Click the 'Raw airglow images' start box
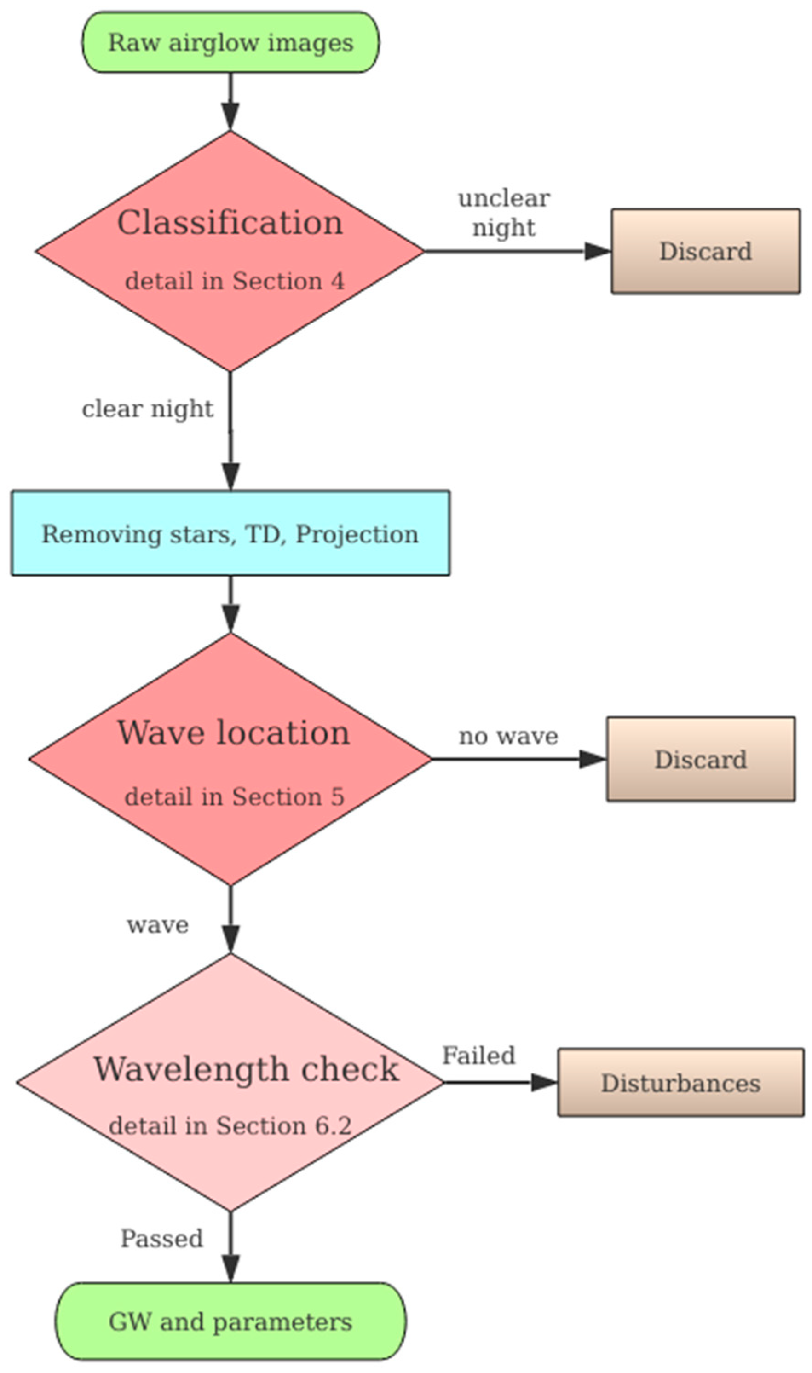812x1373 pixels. click(x=230, y=42)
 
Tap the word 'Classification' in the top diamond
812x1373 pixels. click(x=230, y=223)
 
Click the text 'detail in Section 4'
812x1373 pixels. click(x=235, y=281)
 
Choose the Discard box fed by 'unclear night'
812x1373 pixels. click(x=705, y=251)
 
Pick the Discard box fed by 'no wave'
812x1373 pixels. click(x=700, y=759)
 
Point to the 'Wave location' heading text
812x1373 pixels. click(x=234, y=732)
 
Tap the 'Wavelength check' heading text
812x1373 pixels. click(x=246, y=1069)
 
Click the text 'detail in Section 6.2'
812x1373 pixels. click(x=230, y=1125)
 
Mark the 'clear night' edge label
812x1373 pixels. click(x=147, y=409)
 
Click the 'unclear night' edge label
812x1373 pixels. click(x=504, y=213)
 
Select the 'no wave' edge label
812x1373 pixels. click(x=508, y=736)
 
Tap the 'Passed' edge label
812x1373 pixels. click(x=162, y=1238)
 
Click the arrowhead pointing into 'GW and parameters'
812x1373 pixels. click(x=231, y=1269)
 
